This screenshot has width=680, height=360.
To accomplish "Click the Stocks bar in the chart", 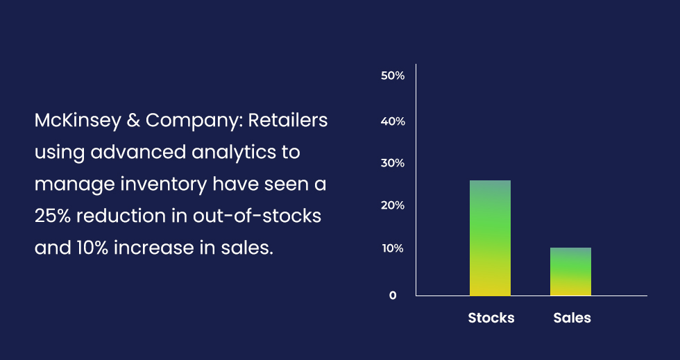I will click(490, 238).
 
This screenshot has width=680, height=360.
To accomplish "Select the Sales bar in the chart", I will click(570, 271).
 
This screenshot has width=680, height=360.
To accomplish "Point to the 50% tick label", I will click(393, 76).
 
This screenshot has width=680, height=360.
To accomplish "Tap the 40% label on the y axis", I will click(393, 121).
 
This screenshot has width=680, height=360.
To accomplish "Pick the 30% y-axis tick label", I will click(393, 164).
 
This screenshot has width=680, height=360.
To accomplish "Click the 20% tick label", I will click(393, 206).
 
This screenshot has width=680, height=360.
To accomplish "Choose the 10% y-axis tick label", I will click(393, 248).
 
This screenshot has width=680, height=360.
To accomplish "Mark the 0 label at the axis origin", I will click(393, 295).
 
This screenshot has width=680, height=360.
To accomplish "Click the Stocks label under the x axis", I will click(491, 318).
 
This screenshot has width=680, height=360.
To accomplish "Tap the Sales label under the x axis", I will click(572, 318).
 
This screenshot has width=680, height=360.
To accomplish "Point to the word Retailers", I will click(288, 121).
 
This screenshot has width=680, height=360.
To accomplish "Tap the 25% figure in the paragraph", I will click(53, 216).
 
